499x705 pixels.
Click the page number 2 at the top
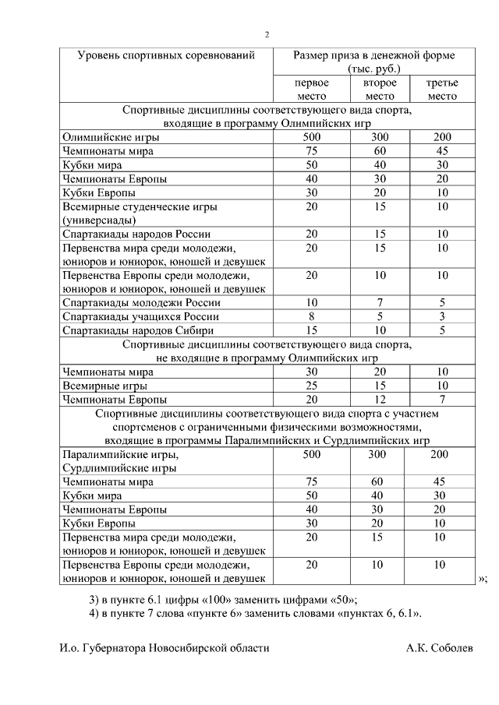pyautogui.click(x=267, y=34)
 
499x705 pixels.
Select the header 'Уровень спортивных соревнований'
pyautogui.click(x=166, y=55)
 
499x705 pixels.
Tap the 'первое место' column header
pyautogui.click(x=311, y=90)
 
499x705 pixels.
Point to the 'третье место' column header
pyautogui.click(x=442, y=90)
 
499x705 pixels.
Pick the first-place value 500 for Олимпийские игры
pyautogui.click(x=311, y=136)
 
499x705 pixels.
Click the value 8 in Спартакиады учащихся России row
pyautogui.click(x=311, y=316)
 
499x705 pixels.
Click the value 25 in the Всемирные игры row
pyautogui.click(x=311, y=386)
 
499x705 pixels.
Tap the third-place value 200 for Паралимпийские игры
pyautogui.click(x=440, y=454)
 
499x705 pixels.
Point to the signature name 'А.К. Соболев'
pyautogui.click(x=439, y=648)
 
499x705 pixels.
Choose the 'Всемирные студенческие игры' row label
pyautogui.click(x=140, y=206)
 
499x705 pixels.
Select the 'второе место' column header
pyautogui.click(x=380, y=90)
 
